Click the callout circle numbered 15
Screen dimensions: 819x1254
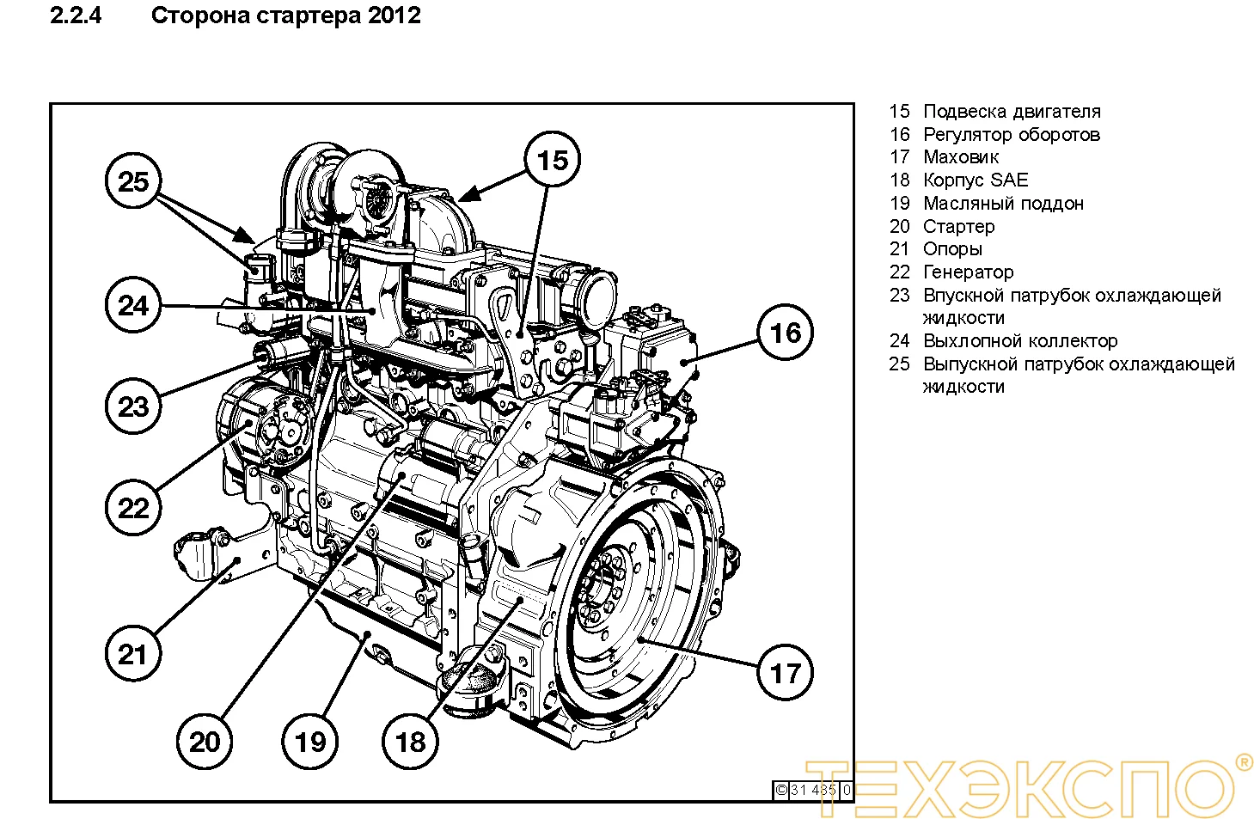point(553,160)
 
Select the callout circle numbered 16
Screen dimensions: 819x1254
point(785,333)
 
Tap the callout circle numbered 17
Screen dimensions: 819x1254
point(785,672)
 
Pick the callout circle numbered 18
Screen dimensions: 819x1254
point(410,741)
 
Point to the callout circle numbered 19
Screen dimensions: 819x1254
point(310,741)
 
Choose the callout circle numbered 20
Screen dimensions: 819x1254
point(205,741)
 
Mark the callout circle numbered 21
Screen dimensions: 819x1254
point(133,654)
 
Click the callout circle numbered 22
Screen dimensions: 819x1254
point(133,507)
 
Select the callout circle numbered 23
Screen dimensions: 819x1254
point(133,406)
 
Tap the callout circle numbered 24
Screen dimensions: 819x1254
point(133,305)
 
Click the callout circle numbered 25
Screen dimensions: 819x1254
point(133,181)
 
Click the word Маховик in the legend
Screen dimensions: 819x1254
point(960,157)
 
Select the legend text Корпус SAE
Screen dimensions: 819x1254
point(975,180)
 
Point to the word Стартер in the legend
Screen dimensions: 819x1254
point(958,227)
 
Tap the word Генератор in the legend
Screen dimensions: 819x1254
point(968,272)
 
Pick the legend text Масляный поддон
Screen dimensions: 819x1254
point(1002,204)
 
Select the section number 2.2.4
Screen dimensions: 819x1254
point(76,15)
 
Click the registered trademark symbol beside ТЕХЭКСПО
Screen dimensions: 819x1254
point(1242,761)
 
